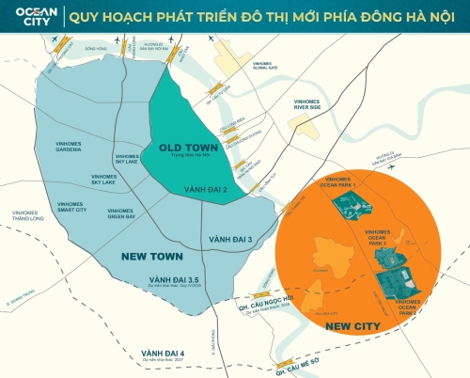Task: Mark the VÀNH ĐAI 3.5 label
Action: [173, 279]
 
